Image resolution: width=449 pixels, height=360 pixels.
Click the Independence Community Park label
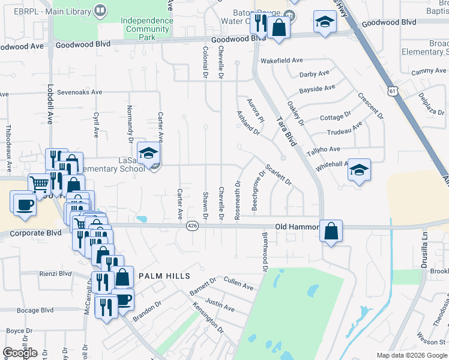[x=147, y=28]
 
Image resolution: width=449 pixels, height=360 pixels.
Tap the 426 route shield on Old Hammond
[x=192, y=226]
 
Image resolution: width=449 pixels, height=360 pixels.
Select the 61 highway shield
[x=392, y=91]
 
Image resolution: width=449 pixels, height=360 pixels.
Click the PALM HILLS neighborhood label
[x=164, y=276]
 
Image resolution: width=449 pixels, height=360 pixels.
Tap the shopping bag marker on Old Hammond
[x=331, y=231]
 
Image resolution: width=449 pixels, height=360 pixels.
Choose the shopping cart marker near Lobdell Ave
[x=39, y=184]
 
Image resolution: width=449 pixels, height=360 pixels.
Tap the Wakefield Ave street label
[x=281, y=61]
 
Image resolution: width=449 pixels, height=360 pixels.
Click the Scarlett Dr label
[x=278, y=175]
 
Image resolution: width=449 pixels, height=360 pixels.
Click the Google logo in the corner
[x=20, y=353]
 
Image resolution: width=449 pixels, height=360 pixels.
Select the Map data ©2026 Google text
[x=412, y=355]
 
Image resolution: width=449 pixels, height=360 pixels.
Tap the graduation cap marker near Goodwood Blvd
[x=325, y=23]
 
